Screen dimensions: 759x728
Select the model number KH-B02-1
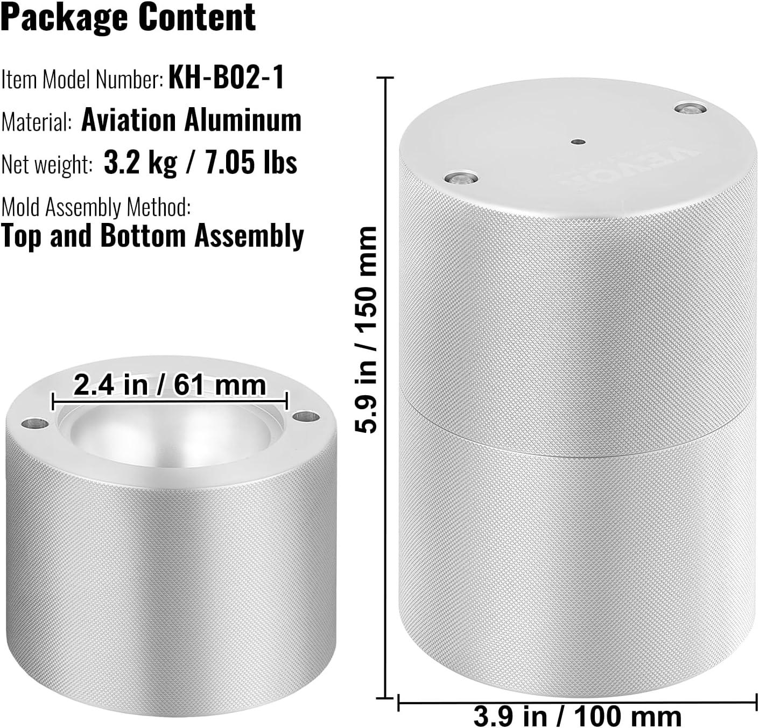point(226,78)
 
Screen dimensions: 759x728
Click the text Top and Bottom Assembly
point(152,235)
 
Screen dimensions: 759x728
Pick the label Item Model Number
point(82,80)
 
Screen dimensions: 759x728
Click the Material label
point(36,121)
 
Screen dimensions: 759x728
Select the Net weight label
point(47,164)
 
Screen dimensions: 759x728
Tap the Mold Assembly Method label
point(96,207)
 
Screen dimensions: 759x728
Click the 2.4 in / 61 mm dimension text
point(170,385)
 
